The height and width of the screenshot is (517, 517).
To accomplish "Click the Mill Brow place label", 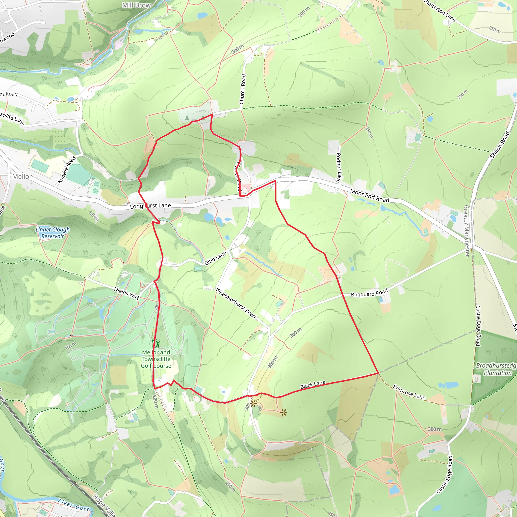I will click(x=137, y=5).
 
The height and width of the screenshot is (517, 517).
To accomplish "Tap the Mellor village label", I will click(x=22, y=177).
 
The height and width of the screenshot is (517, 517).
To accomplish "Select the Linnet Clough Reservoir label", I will click(x=53, y=233).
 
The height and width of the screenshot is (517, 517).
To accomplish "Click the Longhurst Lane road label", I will click(x=150, y=206).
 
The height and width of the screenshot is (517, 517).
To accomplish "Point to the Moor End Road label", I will click(x=370, y=196).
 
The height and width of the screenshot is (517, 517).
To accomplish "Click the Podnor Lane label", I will click(x=338, y=168).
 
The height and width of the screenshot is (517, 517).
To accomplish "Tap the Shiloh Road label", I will click(x=500, y=145).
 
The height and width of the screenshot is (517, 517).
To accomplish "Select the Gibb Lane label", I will click(x=215, y=258).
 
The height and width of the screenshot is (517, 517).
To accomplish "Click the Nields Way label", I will click(x=127, y=293).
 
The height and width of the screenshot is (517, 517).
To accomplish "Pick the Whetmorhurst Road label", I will click(x=236, y=303).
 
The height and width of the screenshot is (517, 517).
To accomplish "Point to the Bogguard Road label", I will click(x=369, y=293).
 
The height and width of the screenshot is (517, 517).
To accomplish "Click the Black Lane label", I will click(x=313, y=384).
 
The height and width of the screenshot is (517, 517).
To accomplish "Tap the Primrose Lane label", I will click(x=409, y=392).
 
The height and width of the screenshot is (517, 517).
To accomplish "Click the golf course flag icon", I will click(x=156, y=343).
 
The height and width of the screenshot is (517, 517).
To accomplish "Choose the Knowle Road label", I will click(x=67, y=170).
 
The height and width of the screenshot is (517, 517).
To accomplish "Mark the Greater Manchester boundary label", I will click(x=467, y=231).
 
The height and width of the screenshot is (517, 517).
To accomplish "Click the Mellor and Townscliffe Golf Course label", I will click(x=156, y=359).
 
